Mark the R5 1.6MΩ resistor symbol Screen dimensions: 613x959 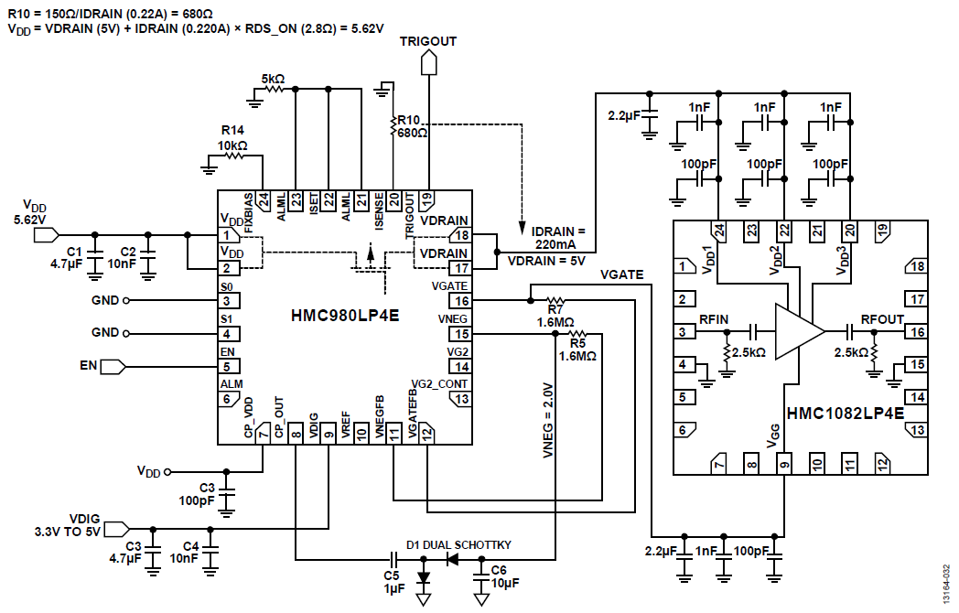click(577, 334)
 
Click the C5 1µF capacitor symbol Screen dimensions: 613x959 click(393, 557)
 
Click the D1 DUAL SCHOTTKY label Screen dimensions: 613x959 click(458, 545)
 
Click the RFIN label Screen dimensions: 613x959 click(714, 318)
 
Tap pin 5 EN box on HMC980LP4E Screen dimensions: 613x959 click(228, 366)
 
